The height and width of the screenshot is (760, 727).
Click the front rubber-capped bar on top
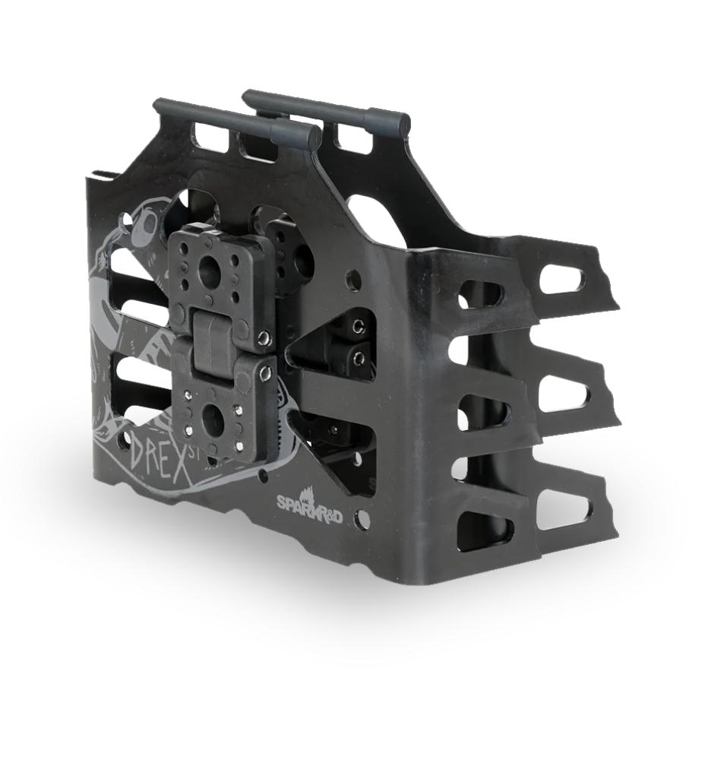click(x=235, y=121)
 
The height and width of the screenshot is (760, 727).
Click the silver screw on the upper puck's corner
click(x=263, y=337)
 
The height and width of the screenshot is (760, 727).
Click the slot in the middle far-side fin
click(x=564, y=394)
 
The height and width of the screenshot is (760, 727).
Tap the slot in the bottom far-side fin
click(x=564, y=510)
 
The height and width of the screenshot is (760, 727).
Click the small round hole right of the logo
click(x=364, y=520)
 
